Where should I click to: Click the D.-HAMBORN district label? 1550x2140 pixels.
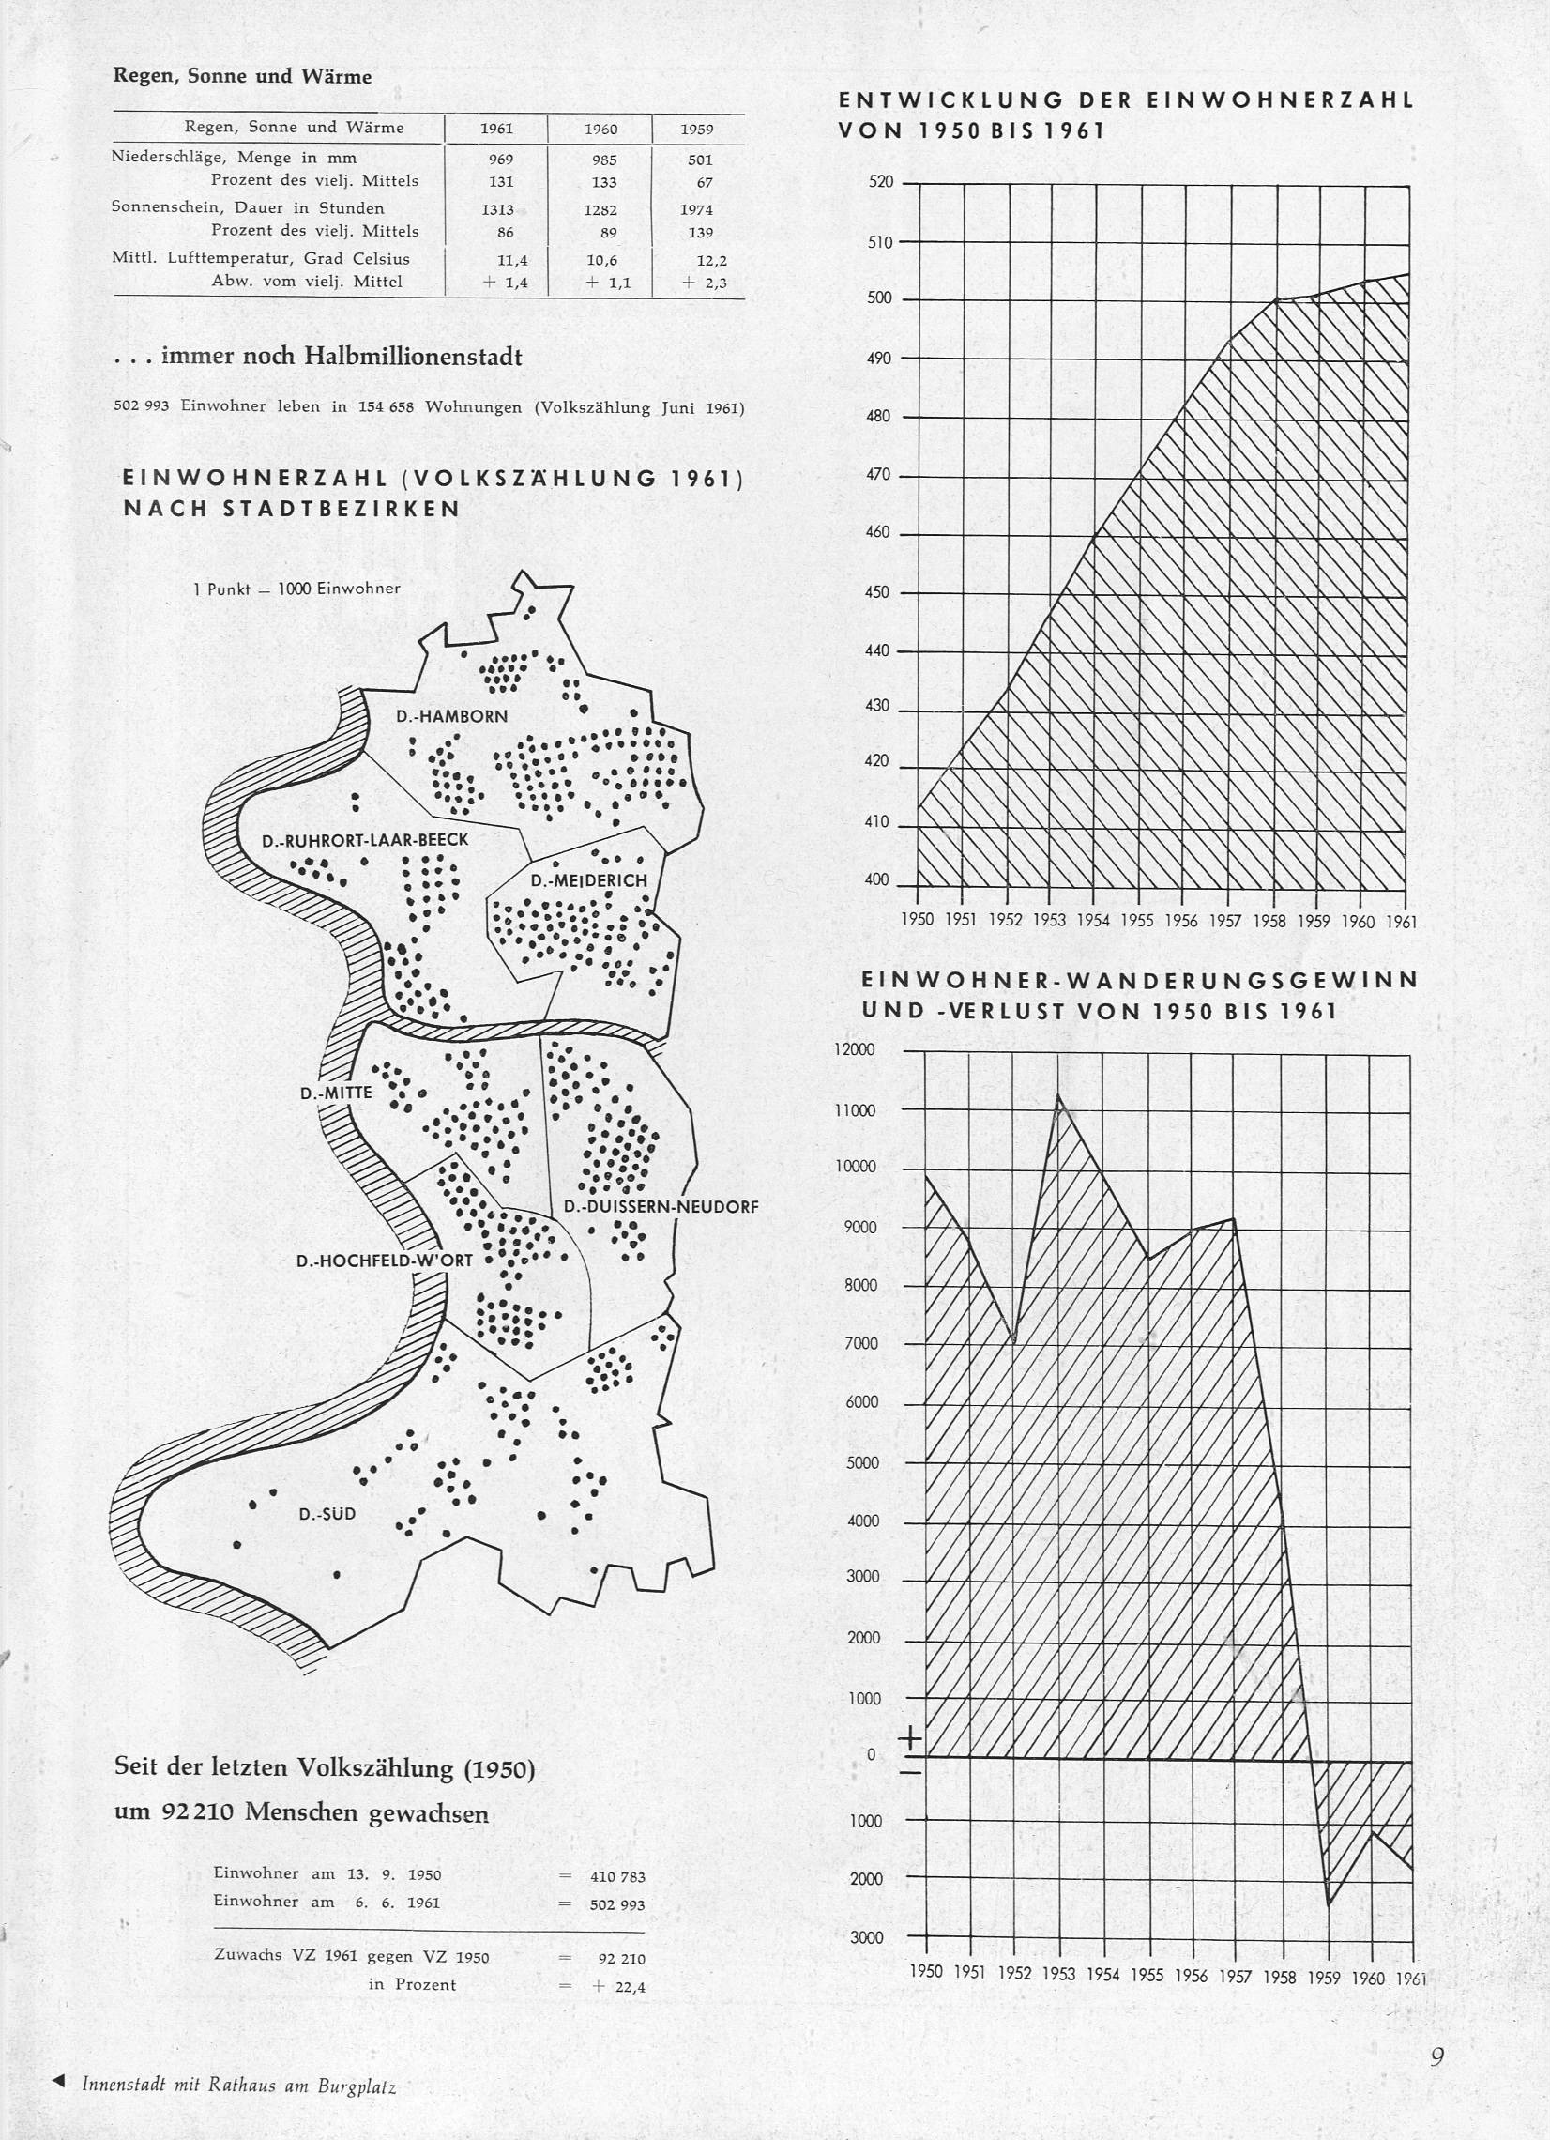[451, 716]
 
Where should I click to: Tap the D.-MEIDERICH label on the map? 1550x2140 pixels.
[588, 880]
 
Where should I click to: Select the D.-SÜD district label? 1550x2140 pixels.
[327, 1513]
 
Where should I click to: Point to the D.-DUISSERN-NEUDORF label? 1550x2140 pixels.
[661, 1206]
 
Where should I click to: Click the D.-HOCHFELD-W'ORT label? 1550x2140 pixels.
[384, 1260]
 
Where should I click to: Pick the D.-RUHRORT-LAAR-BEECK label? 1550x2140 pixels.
[365, 840]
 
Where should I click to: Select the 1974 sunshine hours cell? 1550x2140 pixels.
[696, 209]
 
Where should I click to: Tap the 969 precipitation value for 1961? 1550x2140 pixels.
[500, 160]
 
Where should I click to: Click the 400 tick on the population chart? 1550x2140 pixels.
[877, 880]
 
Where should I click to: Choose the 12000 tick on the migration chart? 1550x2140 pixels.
[855, 1049]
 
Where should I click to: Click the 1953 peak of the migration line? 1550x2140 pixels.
[1058, 1094]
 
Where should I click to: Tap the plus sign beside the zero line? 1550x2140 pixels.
[910, 1738]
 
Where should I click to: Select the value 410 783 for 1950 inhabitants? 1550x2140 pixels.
[617, 1877]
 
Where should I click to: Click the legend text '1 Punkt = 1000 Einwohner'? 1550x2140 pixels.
[296, 588]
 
